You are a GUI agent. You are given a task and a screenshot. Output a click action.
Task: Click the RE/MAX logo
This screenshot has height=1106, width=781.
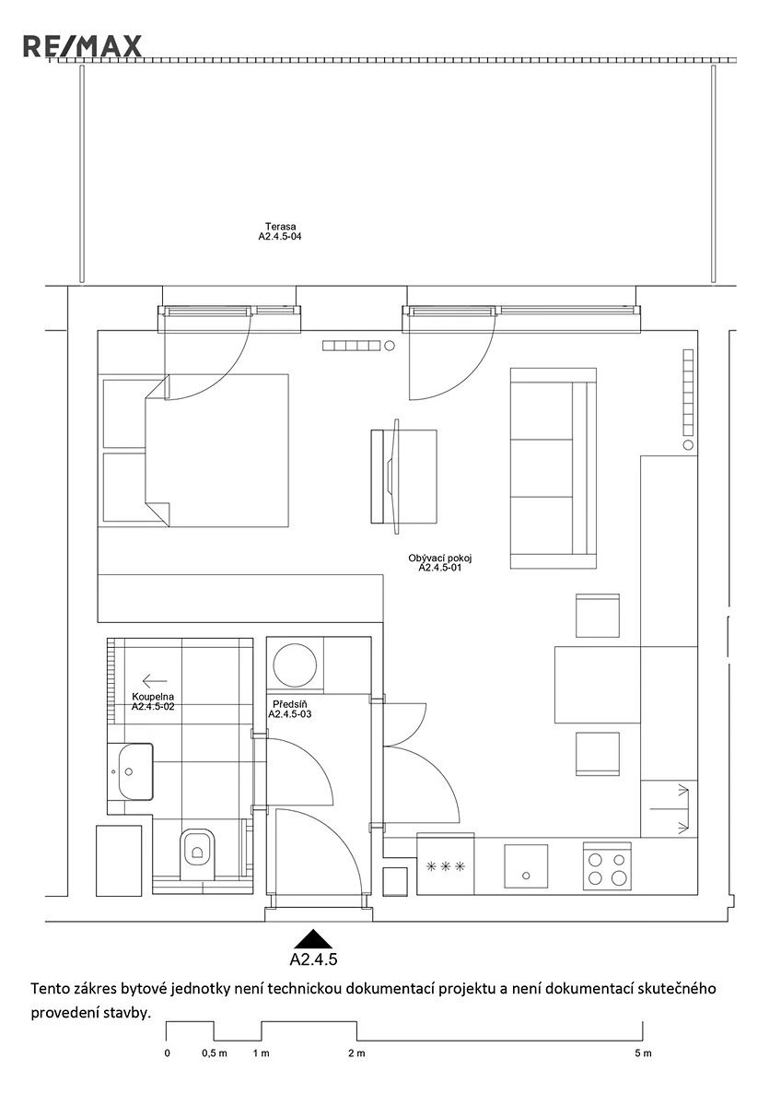click(82, 46)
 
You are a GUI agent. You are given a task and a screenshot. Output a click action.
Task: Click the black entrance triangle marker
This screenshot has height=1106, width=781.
click(312, 939)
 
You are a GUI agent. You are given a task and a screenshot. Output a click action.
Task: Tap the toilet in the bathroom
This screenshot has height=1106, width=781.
click(197, 853)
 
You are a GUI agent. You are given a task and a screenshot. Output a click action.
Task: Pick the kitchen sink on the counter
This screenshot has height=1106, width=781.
click(526, 866)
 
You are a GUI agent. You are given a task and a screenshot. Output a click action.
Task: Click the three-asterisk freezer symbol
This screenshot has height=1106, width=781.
click(446, 866)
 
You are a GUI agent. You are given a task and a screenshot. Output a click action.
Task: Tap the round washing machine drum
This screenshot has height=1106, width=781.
click(295, 665)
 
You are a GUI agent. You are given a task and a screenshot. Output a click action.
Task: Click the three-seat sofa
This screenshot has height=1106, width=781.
click(554, 468)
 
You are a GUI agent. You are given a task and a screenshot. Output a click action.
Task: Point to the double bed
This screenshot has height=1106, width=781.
click(216, 451)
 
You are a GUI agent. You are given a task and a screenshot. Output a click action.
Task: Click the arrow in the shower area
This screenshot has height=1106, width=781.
click(155, 681)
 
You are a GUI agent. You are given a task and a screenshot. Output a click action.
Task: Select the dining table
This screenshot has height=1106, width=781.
click(598, 685)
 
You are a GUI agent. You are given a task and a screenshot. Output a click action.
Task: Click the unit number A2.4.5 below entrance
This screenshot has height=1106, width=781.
click(313, 959)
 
